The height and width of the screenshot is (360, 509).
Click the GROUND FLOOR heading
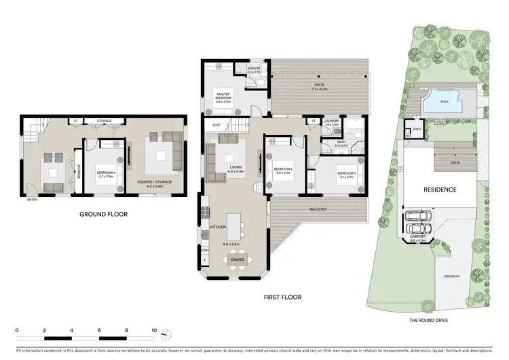(104, 214)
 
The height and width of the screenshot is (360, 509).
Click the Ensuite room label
(254, 70)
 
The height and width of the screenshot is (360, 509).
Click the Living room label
(235, 166)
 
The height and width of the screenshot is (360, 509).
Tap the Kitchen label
(217, 226)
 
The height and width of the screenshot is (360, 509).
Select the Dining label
(238, 259)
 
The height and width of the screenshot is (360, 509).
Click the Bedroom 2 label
(282, 170)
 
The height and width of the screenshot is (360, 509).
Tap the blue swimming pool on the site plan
(445, 103)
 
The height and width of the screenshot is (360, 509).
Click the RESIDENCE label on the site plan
(440, 190)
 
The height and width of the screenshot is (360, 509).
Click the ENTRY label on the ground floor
(31, 200)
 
